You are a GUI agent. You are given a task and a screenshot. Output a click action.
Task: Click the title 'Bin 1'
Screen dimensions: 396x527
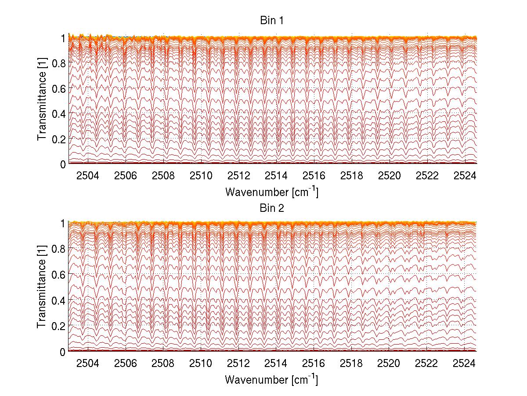[x=272, y=21]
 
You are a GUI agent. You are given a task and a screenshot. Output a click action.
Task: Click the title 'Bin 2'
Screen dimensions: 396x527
[x=272, y=208]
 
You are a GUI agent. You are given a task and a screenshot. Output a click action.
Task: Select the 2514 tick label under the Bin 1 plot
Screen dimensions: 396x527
[x=276, y=176]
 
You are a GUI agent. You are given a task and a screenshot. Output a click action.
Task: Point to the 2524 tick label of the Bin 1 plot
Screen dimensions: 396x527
[x=465, y=176]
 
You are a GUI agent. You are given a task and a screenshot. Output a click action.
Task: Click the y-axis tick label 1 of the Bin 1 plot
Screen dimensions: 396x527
[x=63, y=38]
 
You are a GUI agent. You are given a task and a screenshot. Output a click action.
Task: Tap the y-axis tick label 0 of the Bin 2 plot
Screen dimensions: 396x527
[x=63, y=351]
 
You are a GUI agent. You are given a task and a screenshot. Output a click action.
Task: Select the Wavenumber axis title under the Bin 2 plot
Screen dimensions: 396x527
[x=272, y=379]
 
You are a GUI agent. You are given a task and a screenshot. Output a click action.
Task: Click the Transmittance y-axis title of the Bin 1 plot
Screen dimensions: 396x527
[x=42, y=101]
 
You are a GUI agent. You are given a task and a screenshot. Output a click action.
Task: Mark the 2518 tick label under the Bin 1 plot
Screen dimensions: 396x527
[x=351, y=176]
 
